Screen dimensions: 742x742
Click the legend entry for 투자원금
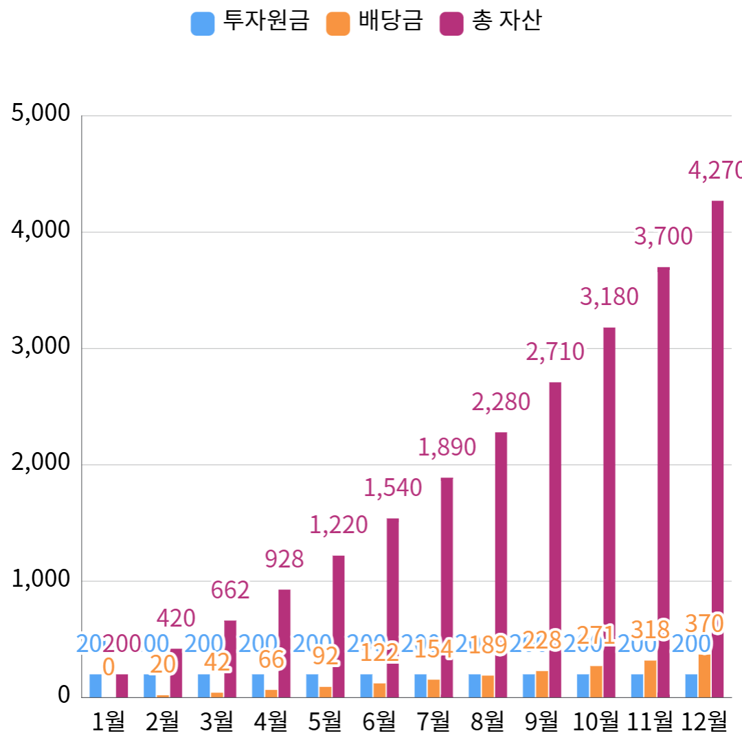(251, 22)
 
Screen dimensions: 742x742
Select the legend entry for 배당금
(375, 22)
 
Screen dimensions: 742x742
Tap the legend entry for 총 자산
(491, 22)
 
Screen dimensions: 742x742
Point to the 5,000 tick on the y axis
(41, 113)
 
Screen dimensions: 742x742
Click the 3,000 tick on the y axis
(41, 346)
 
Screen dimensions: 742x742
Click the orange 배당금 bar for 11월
(650, 679)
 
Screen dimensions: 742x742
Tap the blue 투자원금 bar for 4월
(258, 686)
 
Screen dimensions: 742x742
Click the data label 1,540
(393, 488)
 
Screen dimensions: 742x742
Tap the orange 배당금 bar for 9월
(542, 684)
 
